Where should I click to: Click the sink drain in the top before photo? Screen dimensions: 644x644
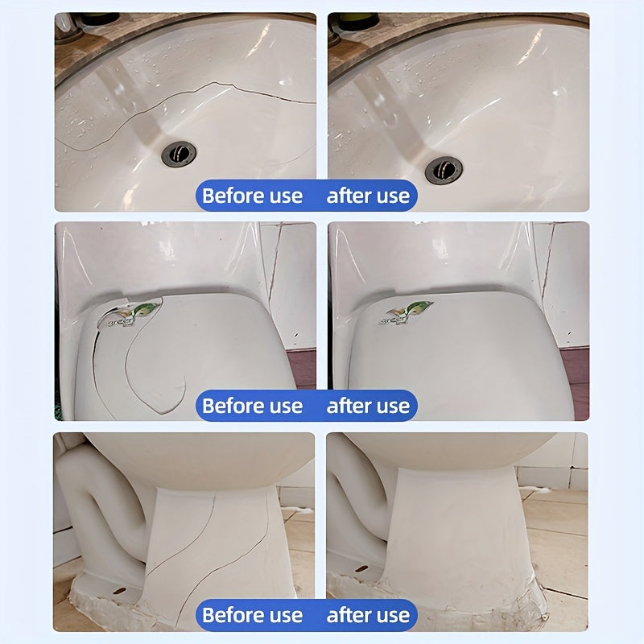[x=178, y=153]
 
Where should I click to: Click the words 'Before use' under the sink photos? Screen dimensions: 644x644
[x=252, y=196]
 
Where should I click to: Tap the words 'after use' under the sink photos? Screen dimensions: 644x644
[x=368, y=196]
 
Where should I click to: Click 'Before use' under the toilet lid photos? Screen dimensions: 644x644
[x=252, y=406]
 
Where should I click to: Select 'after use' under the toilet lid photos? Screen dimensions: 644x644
[x=368, y=406]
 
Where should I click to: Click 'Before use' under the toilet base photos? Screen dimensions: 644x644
[x=252, y=616]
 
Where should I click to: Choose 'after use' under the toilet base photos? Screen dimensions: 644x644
[x=368, y=616]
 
